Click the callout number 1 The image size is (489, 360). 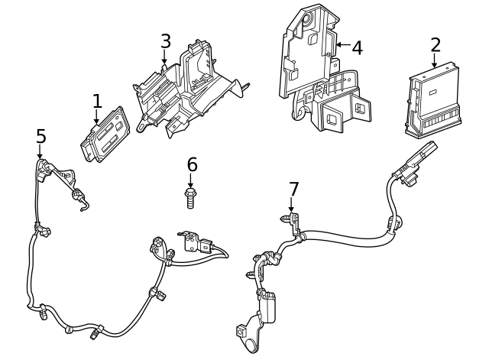click(97, 101)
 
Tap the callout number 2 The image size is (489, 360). click(436, 45)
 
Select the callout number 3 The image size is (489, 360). click(166, 41)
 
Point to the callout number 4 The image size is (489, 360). click(357, 48)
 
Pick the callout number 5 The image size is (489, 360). click(40, 136)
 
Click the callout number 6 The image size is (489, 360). click(192, 164)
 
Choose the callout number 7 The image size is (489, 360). click(293, 189)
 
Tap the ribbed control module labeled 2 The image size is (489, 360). click(433, 100)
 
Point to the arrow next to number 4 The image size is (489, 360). click(343, 45)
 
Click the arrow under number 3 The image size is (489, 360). click(164, 57)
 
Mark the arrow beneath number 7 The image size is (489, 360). click(291, 206)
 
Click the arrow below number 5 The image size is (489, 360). click(40, 151)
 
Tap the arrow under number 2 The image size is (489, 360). click(435, 60)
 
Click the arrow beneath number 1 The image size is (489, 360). click(96, 117)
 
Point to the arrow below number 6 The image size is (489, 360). click(190, 180)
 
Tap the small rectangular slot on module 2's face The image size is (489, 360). click(433, 92)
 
